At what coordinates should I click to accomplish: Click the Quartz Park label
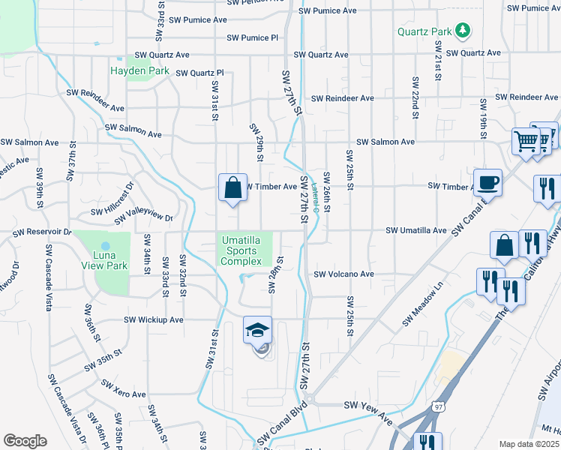point(424,31)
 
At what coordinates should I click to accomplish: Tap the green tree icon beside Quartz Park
point(463,31)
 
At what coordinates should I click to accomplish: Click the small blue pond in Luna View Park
point(105,246)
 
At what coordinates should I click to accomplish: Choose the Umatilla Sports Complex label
point(240,250)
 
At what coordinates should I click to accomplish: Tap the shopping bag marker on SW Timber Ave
point(232,187)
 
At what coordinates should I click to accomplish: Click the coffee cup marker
point(487,181)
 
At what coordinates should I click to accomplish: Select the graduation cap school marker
point(256,330)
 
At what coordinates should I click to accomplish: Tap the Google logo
point(25,441)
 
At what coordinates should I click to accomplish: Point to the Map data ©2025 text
point(529,444)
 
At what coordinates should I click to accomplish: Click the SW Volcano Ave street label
point(343,274)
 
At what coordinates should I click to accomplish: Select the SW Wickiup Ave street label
point(153,319)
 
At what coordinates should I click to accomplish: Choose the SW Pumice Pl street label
point(252,37)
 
